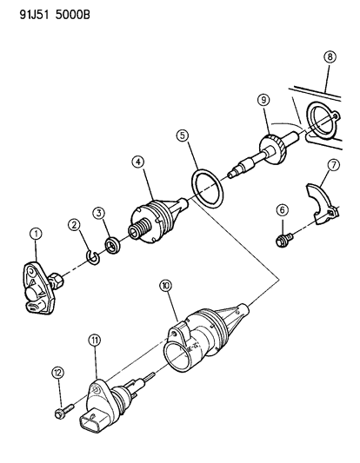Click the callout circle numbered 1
click(x=36, y=232)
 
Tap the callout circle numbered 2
click(x=75, y=226)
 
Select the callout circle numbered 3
click(x=100, y=212)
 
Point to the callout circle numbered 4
click(x=138, y=162)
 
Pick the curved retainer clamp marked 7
click(x=323, y=203)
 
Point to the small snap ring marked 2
click(x=94, y=255)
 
